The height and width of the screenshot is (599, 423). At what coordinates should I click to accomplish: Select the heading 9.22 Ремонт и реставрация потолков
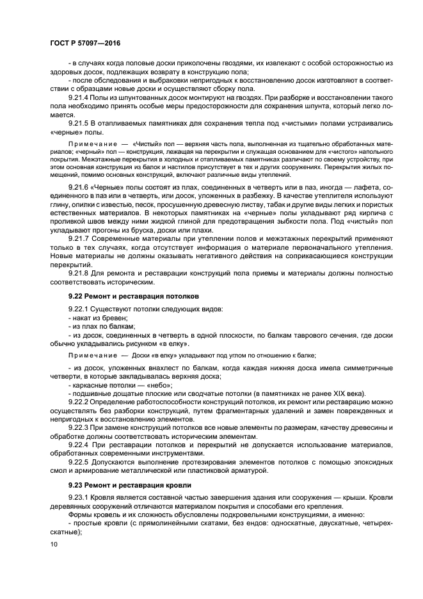127,297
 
